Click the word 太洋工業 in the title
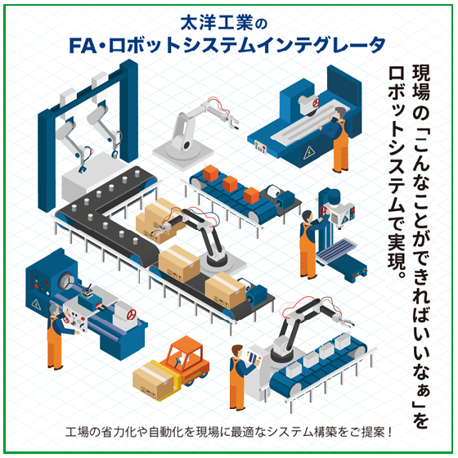point(217,24)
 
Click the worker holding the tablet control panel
point(239,377)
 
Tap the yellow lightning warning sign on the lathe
point(36,303)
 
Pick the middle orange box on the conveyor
point(230,184)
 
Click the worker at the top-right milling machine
point(336,140)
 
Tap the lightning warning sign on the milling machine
point(309,152)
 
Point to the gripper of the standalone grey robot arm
point(233,122)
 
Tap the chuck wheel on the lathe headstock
point(67,281)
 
